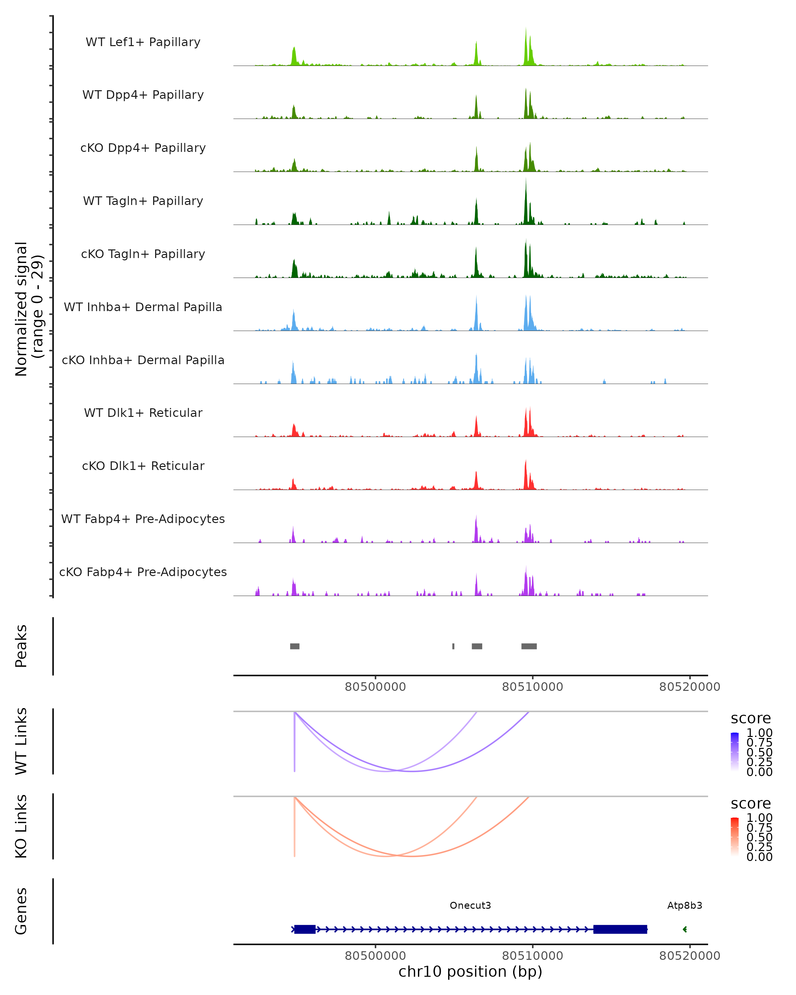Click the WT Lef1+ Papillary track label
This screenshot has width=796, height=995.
point(143,42)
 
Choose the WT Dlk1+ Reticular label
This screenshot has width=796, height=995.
point(143,413)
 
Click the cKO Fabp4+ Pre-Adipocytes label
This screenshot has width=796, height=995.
point(143,572)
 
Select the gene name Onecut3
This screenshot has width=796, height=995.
point(470,905)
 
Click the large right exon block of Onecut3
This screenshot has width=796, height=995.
point(620,929)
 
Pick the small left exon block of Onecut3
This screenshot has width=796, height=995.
point(304,929)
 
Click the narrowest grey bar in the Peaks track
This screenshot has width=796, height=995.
point(453,646)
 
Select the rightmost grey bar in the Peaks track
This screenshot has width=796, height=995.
point(529,646)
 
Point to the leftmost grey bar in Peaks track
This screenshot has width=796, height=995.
point(295,646)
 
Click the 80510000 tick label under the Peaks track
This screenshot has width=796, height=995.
point(533,687)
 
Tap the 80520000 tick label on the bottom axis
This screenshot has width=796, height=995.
point(690,956)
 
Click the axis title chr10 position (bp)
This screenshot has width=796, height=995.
point(470,972)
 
